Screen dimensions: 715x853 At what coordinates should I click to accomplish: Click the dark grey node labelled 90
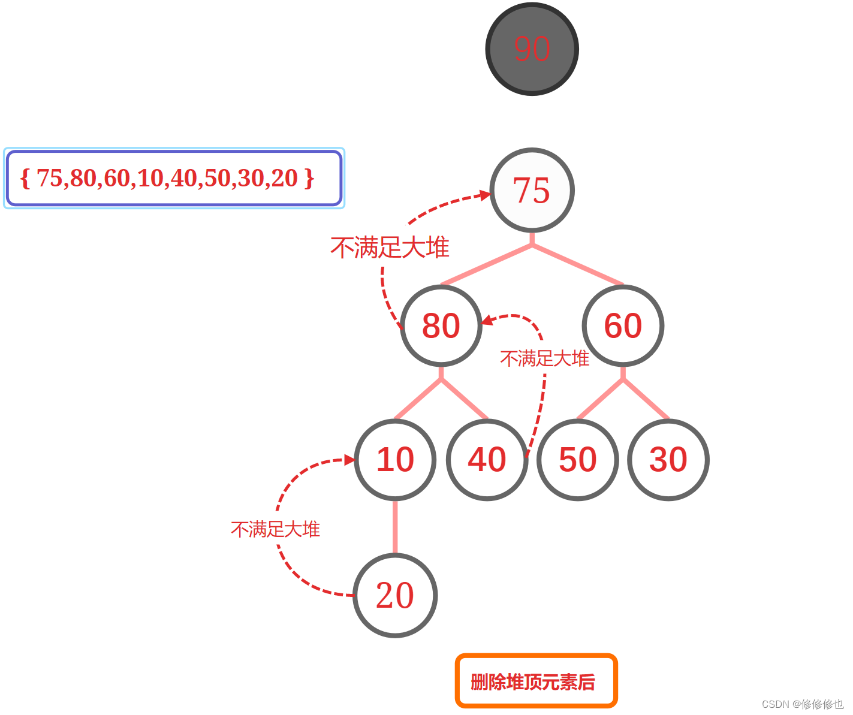(x=532, y=49)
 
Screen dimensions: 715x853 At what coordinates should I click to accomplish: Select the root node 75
(x=532, y=190)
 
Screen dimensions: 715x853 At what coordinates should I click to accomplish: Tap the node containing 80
(x=441, y=325)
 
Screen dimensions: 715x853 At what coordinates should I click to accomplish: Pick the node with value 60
(x=623, y=325)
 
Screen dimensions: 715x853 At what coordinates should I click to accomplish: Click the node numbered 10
(x=395, y=460)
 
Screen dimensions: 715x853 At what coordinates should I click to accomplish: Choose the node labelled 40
(x=487, y=460)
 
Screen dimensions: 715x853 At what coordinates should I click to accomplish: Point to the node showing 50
(x=577, y=460)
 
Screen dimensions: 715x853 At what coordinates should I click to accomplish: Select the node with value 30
(x=668, y=460)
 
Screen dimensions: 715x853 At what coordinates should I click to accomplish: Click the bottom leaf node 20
(x=395, y=595)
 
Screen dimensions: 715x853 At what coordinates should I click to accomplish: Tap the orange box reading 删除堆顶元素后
(x=536, y=681)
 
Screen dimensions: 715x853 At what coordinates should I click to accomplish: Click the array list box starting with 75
(x=174, y=178)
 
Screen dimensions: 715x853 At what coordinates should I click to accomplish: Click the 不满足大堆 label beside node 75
(x=390, y=248)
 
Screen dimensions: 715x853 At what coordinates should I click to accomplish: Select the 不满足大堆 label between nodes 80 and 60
(x=544, y=358)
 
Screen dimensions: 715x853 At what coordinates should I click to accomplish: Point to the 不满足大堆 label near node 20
(x=275, y=529)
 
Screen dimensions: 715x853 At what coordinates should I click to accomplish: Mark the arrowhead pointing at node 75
(x=485, y=195)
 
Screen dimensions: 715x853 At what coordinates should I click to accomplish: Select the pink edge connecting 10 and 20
(x=395, y=526)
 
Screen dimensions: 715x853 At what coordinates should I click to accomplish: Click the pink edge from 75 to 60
(x=578, y=264)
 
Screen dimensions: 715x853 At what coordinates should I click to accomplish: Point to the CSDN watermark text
(x=802, y=704)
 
